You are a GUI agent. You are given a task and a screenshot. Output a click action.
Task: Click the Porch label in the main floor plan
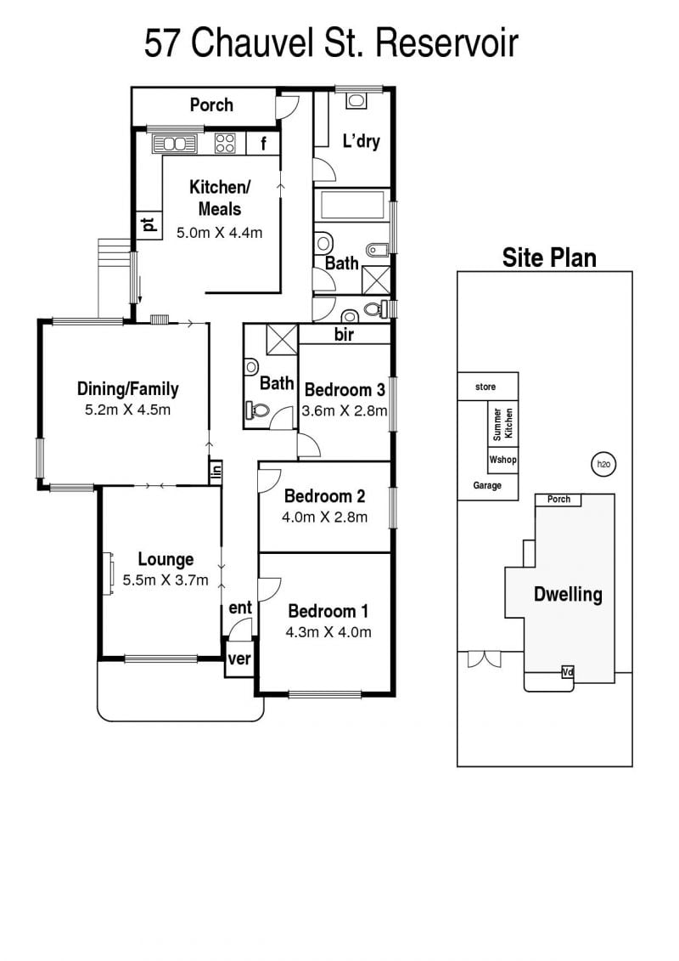coord(211,105)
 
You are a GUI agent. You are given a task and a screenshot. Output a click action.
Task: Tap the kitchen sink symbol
coord(175,144)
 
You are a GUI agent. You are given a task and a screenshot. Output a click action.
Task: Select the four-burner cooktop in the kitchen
coord(225,144)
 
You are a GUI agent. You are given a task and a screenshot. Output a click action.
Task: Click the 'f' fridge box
coord(263,144)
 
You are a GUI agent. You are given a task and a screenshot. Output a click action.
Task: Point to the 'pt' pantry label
coord(149,225)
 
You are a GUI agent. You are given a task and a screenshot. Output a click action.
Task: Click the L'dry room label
coord(362,141)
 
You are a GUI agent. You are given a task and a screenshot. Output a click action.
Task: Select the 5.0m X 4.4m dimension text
coord(219,233)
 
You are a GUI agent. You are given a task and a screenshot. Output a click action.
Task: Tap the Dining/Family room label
coord(128,388)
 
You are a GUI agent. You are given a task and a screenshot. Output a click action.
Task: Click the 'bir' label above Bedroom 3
coord(344,335)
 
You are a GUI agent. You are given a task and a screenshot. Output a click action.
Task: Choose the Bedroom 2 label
coord(324,496)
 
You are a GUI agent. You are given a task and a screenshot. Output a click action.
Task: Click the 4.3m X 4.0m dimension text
coord(328,632)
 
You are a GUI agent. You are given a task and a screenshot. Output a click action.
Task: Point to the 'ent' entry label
coord(240,608)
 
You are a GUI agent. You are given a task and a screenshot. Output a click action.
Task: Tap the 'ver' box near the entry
coord(238,659)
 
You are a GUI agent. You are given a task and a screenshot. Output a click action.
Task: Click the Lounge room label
coord(166,559)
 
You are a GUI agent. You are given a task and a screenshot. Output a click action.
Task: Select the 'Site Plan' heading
coord(549,257)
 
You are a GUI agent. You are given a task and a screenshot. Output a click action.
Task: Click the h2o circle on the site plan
coord(603,464)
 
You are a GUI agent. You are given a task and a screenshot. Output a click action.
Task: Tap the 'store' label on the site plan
coord(485,387)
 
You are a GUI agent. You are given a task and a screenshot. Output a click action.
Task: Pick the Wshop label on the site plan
coord(502,460)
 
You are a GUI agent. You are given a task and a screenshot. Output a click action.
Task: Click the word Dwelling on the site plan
coord(568,594)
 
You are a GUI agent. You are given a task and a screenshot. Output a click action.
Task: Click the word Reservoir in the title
coord(446,43)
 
